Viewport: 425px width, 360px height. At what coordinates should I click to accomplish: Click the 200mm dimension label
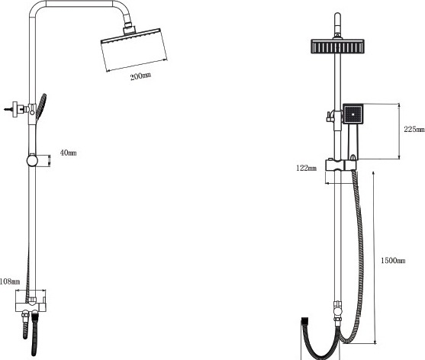(x=140, y=76)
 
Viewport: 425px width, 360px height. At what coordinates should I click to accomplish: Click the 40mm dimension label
(x=69, y=153)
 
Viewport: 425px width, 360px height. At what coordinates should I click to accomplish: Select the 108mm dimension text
(x=10, y=281)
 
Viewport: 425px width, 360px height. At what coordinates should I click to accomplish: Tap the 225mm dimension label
(x=414, y=130)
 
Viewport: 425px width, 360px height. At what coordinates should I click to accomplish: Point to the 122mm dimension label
(x=306, y=169)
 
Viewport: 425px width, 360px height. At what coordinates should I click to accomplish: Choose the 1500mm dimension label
(x=393, y=261)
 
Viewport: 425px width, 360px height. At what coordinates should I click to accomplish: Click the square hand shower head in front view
(x=353, y=114)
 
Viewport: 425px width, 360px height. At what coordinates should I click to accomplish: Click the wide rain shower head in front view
(x=337, y=47)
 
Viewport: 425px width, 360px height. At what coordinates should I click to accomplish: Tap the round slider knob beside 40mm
(x=32, y=160)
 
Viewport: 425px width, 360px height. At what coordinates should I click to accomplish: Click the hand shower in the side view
(x=41, y=107)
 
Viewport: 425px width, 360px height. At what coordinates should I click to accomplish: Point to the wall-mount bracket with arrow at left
(x=15, y=109)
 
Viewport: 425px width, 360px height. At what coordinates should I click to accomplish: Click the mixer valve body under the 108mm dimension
(x=31, y=307)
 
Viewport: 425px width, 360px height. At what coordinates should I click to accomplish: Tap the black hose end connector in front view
(x=305, y=320)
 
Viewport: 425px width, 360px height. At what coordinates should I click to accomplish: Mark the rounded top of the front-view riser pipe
(x=337, y=16)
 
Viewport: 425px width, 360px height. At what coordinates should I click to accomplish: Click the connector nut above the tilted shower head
(x=129, y=29)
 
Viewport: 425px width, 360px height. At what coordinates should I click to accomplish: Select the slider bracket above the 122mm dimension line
(x=341, y=165)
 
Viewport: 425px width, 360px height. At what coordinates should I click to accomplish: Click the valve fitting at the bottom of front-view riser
(x=338, y=310)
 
